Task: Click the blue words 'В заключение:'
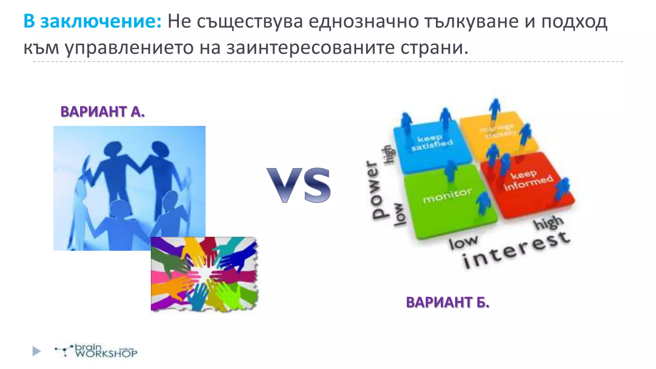[92, 22]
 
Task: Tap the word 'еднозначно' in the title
[364, 22]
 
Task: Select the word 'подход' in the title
[574, 22]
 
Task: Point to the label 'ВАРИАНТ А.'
[102, 111]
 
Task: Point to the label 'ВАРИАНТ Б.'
[447, 302]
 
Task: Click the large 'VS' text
[299, 185]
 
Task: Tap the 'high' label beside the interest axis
[548, 223]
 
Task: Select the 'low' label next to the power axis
[399, 215]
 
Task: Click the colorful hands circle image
[204, 274]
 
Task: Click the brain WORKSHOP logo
[96, 351]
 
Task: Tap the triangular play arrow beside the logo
[37, 351]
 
